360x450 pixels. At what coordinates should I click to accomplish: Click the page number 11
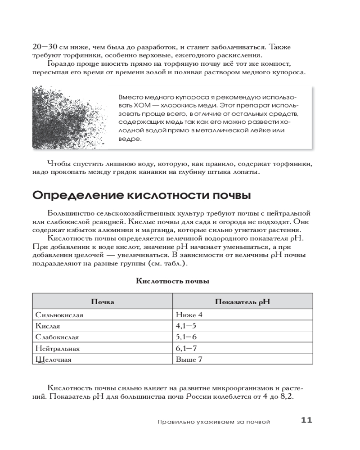click(306, 421)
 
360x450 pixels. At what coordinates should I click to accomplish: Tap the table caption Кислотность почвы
click(172, 282)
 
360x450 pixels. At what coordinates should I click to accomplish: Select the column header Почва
click(103, 301)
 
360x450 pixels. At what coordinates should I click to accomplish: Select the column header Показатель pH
click(242, 301)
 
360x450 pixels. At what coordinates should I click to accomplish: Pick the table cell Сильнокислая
click(59, 315)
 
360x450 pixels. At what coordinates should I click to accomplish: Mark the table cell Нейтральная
click(58, 348)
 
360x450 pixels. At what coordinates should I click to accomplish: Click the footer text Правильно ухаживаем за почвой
click(214, 422)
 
